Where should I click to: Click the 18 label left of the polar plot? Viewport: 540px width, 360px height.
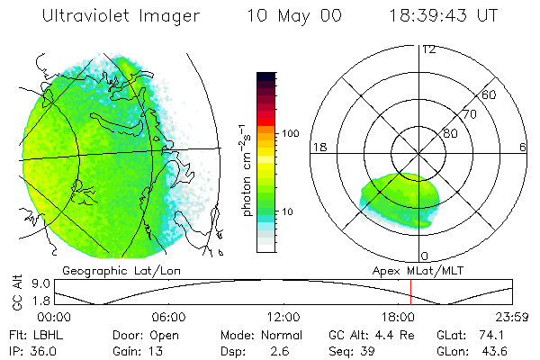318,147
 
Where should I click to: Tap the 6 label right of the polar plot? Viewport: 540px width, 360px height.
523,147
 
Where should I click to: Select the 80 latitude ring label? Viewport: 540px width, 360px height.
450,133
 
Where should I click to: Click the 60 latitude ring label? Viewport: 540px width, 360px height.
490,94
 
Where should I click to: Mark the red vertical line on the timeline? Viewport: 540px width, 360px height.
410,292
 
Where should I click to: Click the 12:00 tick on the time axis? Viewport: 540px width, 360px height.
283,317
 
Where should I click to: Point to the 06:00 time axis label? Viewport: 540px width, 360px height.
169,317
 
